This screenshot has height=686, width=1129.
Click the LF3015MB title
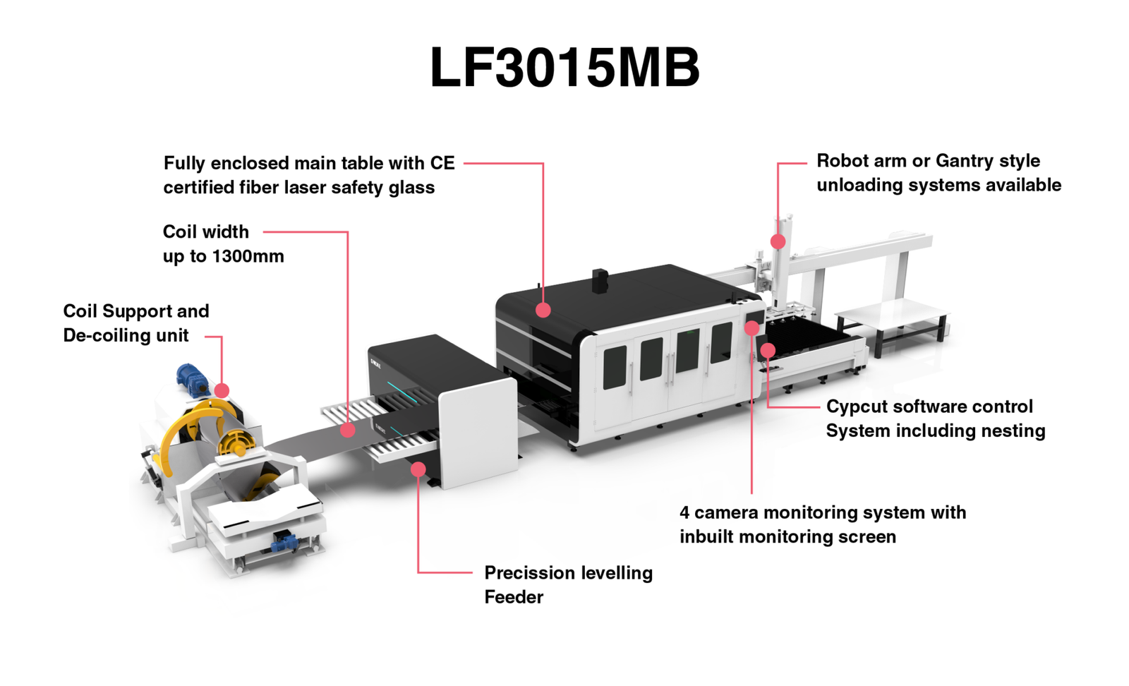[564, 68]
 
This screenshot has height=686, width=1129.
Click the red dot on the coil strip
[348, 430]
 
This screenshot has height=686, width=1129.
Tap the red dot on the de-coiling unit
[222, 390]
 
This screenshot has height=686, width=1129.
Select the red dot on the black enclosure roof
[543, 310]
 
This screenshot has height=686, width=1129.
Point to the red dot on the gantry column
[778, 242]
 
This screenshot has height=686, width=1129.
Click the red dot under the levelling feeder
[418, 469]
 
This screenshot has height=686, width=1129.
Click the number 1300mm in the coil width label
[248, 256]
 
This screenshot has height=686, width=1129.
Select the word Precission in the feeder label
[525, 573]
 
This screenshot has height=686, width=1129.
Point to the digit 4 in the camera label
[684, 513]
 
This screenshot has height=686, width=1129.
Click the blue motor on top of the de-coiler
[192, 378]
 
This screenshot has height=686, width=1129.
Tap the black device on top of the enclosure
[599, 279]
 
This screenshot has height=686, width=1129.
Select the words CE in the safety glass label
[442, 163]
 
